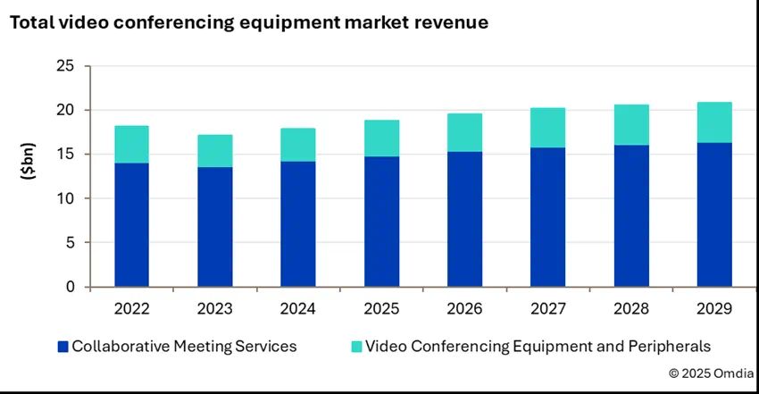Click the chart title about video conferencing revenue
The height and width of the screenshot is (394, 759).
pos(249,23)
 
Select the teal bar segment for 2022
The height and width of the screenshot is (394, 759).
pos(132,144)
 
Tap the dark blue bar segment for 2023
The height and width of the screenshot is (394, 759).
pos(215,227)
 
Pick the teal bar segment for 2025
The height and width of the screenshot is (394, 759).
pos(382,138)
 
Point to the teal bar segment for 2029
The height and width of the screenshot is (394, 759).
pos(714,122)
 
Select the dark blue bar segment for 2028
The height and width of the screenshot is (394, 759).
pos(632,215)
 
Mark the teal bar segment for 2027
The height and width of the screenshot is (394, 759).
pos(548,128)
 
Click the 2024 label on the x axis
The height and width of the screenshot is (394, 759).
pos(298,309)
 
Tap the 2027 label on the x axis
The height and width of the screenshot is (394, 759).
pos(548,309)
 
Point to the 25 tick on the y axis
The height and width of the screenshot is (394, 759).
pos(65,66)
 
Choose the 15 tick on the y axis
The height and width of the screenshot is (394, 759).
pos(65,155)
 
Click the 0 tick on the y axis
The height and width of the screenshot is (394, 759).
pos(71,287)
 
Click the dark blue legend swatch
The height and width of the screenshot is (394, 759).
pos(62,346)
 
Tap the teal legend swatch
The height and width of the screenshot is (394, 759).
pos(355,346)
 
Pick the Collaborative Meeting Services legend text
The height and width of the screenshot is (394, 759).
pos(184,346)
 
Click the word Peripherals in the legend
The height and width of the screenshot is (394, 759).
pos(669,346)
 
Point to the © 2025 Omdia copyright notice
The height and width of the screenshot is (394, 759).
pos(710,373)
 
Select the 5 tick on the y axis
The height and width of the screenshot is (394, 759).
pos(71,242)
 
